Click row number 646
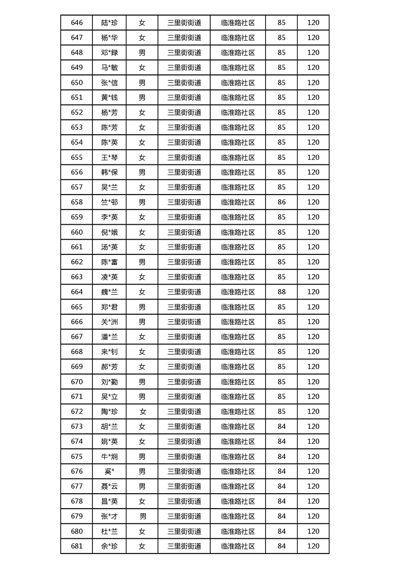click(77, 23)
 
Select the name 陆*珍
click(109, 23)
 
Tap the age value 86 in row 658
click(282, 202)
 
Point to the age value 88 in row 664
click(282, 292)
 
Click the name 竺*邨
click(109, 202)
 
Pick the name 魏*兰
click(109, 292)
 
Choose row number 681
click(77, 546)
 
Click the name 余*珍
click(109, 546)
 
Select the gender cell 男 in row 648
click(142, 52)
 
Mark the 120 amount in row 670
click(313, 382)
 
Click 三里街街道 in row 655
click(184, 157)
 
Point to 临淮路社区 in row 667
click(238, 337)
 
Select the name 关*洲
click(109, 322)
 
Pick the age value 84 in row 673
click(282, 427)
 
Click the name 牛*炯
click(109, 456)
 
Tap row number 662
click(77, 262)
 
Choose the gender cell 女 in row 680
click(142, 531)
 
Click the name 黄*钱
click(109, 98)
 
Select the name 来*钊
click(109, 352)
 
